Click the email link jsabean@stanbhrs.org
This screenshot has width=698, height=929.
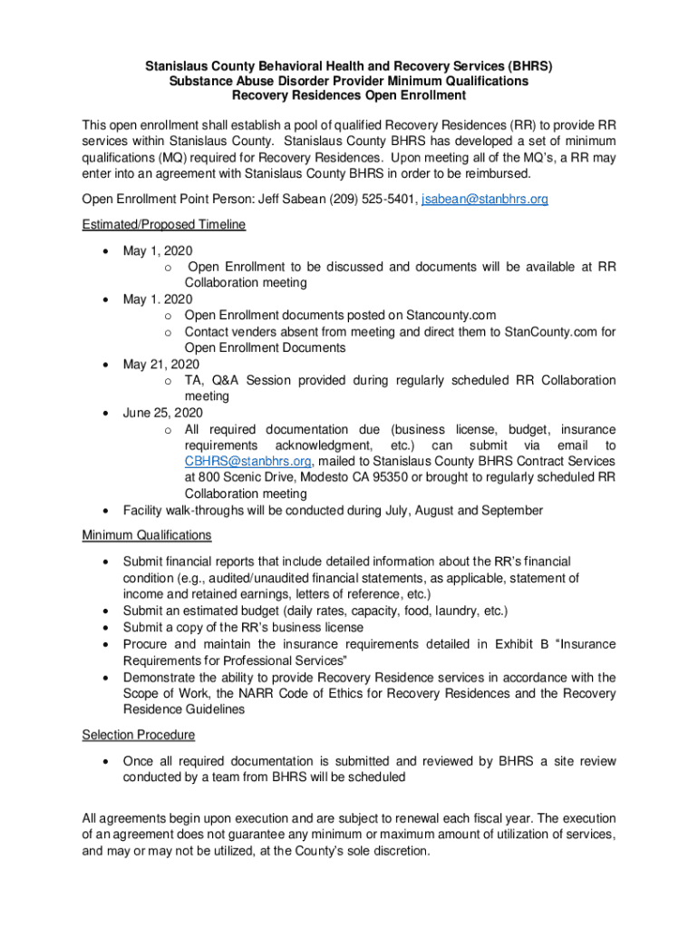point(485,200)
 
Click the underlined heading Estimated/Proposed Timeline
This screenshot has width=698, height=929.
point(164,225)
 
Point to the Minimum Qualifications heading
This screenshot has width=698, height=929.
point(147,535)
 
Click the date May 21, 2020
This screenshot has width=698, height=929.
point(161,365)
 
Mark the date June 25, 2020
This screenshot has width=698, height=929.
point(163,414)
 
